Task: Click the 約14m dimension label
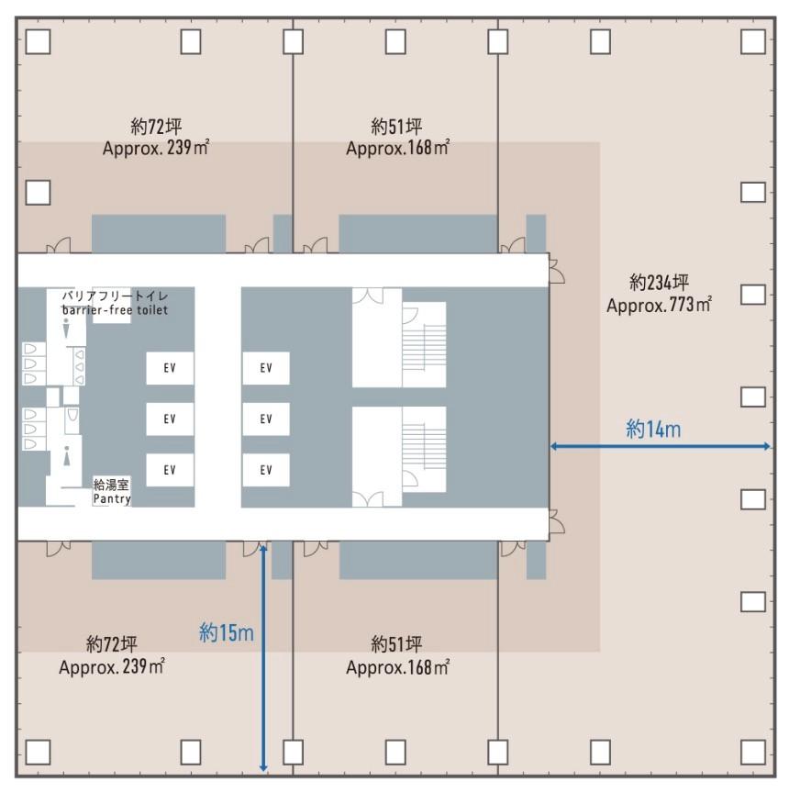[x=654, y=428]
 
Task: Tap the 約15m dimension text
[x=227, y=632]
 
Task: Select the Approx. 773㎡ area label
[x=659, y=304]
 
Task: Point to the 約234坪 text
[x=660, y=283]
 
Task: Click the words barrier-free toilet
[x=115, y=309]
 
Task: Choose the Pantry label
[x=112, y=499]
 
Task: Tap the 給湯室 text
[x=111, y=485]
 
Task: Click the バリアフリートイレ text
[x=115, y=296]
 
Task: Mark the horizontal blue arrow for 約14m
[x=660, y=447]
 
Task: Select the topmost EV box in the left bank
[x=170, y=368]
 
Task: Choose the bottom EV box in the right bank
[x=266, y=470]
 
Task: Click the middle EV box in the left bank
[x=170, y=419]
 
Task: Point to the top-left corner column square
[x=38, y=40]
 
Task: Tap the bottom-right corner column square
[x=752, y=752]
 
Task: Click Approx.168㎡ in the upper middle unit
[x=397, y=148]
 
